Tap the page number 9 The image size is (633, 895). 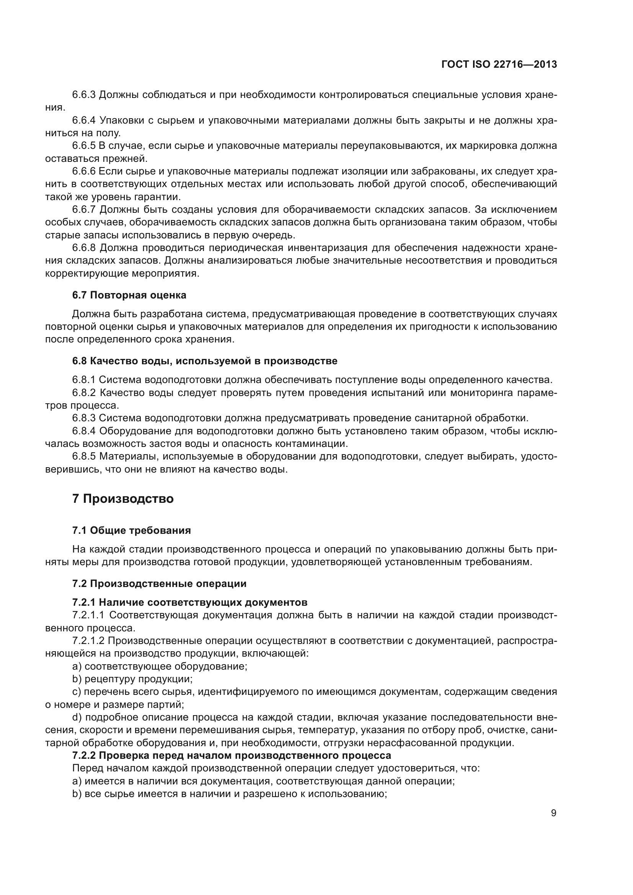(x=553, y=813)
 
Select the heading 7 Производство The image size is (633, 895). (x=123, y=499)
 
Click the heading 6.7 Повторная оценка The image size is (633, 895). (x=129, y=295)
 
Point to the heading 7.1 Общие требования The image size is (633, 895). (x=131, y=530)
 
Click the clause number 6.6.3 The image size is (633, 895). (x=84, y=95)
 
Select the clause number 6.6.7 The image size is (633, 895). (x=84, y=210)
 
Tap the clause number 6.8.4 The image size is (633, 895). (x=84, y=431)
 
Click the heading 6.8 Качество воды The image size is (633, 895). (x=205, y=361)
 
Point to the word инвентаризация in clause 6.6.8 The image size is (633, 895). (x=323, y=248)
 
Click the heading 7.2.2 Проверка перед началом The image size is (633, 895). (x=232, y=755)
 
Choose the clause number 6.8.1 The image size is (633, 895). (x=84, y=380)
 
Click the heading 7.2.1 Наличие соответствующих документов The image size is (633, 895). (x=190, y=603)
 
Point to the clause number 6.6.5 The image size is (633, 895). (x=84, y=146)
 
